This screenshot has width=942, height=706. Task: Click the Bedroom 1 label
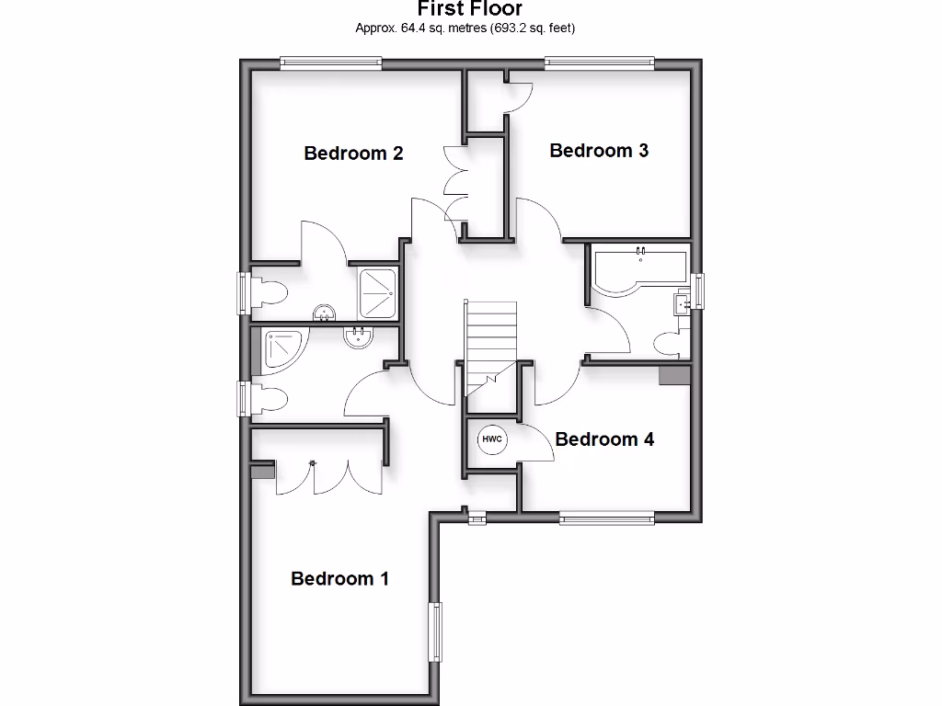pyautogui.click(x=339, y=578)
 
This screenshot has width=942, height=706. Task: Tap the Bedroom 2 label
pyautogui.click(x=353, y=153)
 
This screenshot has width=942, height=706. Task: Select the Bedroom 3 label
pyautogui.click(x=599, y=150)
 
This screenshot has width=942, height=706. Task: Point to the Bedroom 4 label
pyautogui.click(x=604, y=439)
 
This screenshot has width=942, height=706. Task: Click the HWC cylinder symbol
pyautogui.click(x=492, y=440)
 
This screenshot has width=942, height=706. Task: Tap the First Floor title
pyautogui.click(x=470, y=9)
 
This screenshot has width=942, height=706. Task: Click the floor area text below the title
pyautogui.click(x=465, y=28)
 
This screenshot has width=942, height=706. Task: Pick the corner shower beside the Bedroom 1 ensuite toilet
pyautogui.click(x=283, y=349)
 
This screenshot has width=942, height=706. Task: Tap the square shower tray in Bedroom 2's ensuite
pyautogui.click(x=377, y=286)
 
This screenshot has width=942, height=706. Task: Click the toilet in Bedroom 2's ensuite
pyautogui.click(x=269, y=292)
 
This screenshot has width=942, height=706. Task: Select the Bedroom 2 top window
pyautogui.click(x=330, y=63)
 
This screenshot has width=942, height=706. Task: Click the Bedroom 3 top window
pyautogui.click(x=600, y=63)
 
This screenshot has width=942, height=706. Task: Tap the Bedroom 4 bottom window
pyautogui.click(x=607, y=518)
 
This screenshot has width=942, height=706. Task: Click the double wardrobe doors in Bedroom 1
pyautogui.click(x=329, y=473)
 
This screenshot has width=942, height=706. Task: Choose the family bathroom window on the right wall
pyautogui.click(x=698, y=291)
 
